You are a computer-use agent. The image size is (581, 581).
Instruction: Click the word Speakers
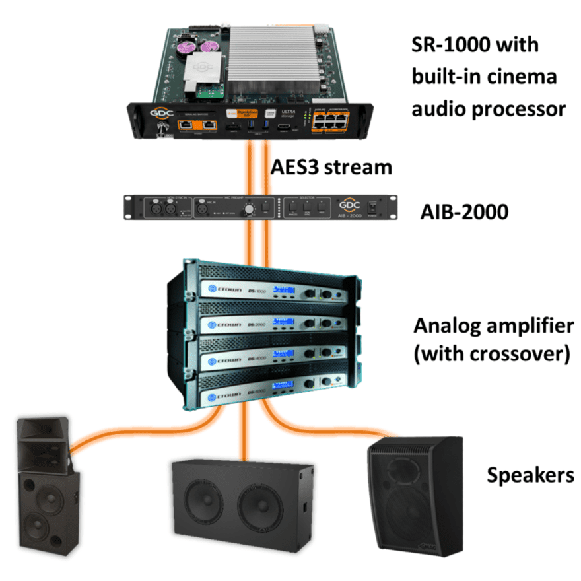(530, 475)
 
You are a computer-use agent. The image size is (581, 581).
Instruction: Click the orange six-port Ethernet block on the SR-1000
(331, 120)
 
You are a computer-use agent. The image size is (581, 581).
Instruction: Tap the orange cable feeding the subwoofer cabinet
(246, 436)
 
